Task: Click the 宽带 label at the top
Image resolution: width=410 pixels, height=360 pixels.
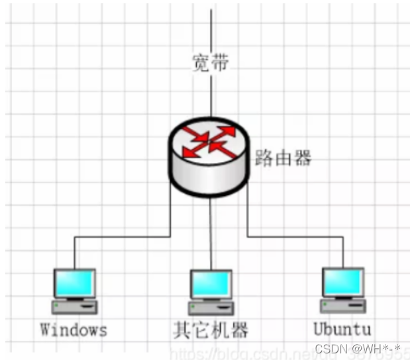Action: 211,64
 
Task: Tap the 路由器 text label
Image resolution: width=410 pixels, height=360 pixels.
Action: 283,158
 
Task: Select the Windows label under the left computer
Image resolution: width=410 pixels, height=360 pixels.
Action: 74,330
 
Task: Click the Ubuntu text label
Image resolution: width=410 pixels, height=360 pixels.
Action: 342,329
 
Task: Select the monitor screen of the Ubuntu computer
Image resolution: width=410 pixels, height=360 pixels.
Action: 342,283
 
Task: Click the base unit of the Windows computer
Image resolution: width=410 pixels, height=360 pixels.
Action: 75,306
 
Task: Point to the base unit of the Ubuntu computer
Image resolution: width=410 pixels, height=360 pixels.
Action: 342,306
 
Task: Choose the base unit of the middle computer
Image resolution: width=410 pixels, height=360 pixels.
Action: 211,308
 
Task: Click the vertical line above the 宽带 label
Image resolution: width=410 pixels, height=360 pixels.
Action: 211,30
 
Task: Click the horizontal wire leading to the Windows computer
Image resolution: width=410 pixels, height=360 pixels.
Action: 119,236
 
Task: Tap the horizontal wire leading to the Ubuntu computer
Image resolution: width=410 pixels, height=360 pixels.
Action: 298,236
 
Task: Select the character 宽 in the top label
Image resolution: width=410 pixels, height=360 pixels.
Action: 201,64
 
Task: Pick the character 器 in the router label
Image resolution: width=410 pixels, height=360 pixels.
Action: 301,158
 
